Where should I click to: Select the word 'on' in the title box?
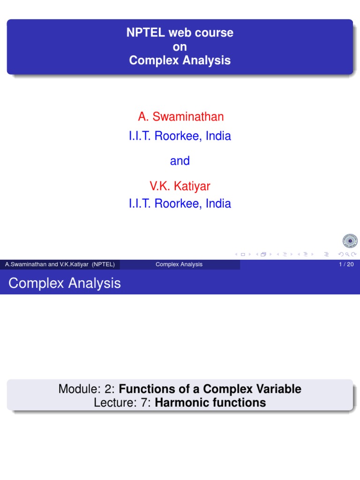(x=180, y=46)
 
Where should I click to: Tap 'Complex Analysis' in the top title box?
(x=180, y=60)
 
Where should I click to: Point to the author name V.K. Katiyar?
(x=180, y=186)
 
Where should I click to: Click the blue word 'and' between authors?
(x=180, y=161)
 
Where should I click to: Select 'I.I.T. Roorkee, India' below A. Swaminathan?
(x=180, y=136)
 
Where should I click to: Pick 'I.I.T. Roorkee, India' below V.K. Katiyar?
(x=180, y=203)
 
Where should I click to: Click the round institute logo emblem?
(x=350, y=241)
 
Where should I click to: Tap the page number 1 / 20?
(x=346, y=264)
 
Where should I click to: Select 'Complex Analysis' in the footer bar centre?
(x=179, y=264)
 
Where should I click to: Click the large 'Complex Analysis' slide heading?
(x=65, y=283)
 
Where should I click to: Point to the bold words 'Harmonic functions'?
(x=210, y=402)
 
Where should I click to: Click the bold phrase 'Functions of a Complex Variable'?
(x=210, y=389)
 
